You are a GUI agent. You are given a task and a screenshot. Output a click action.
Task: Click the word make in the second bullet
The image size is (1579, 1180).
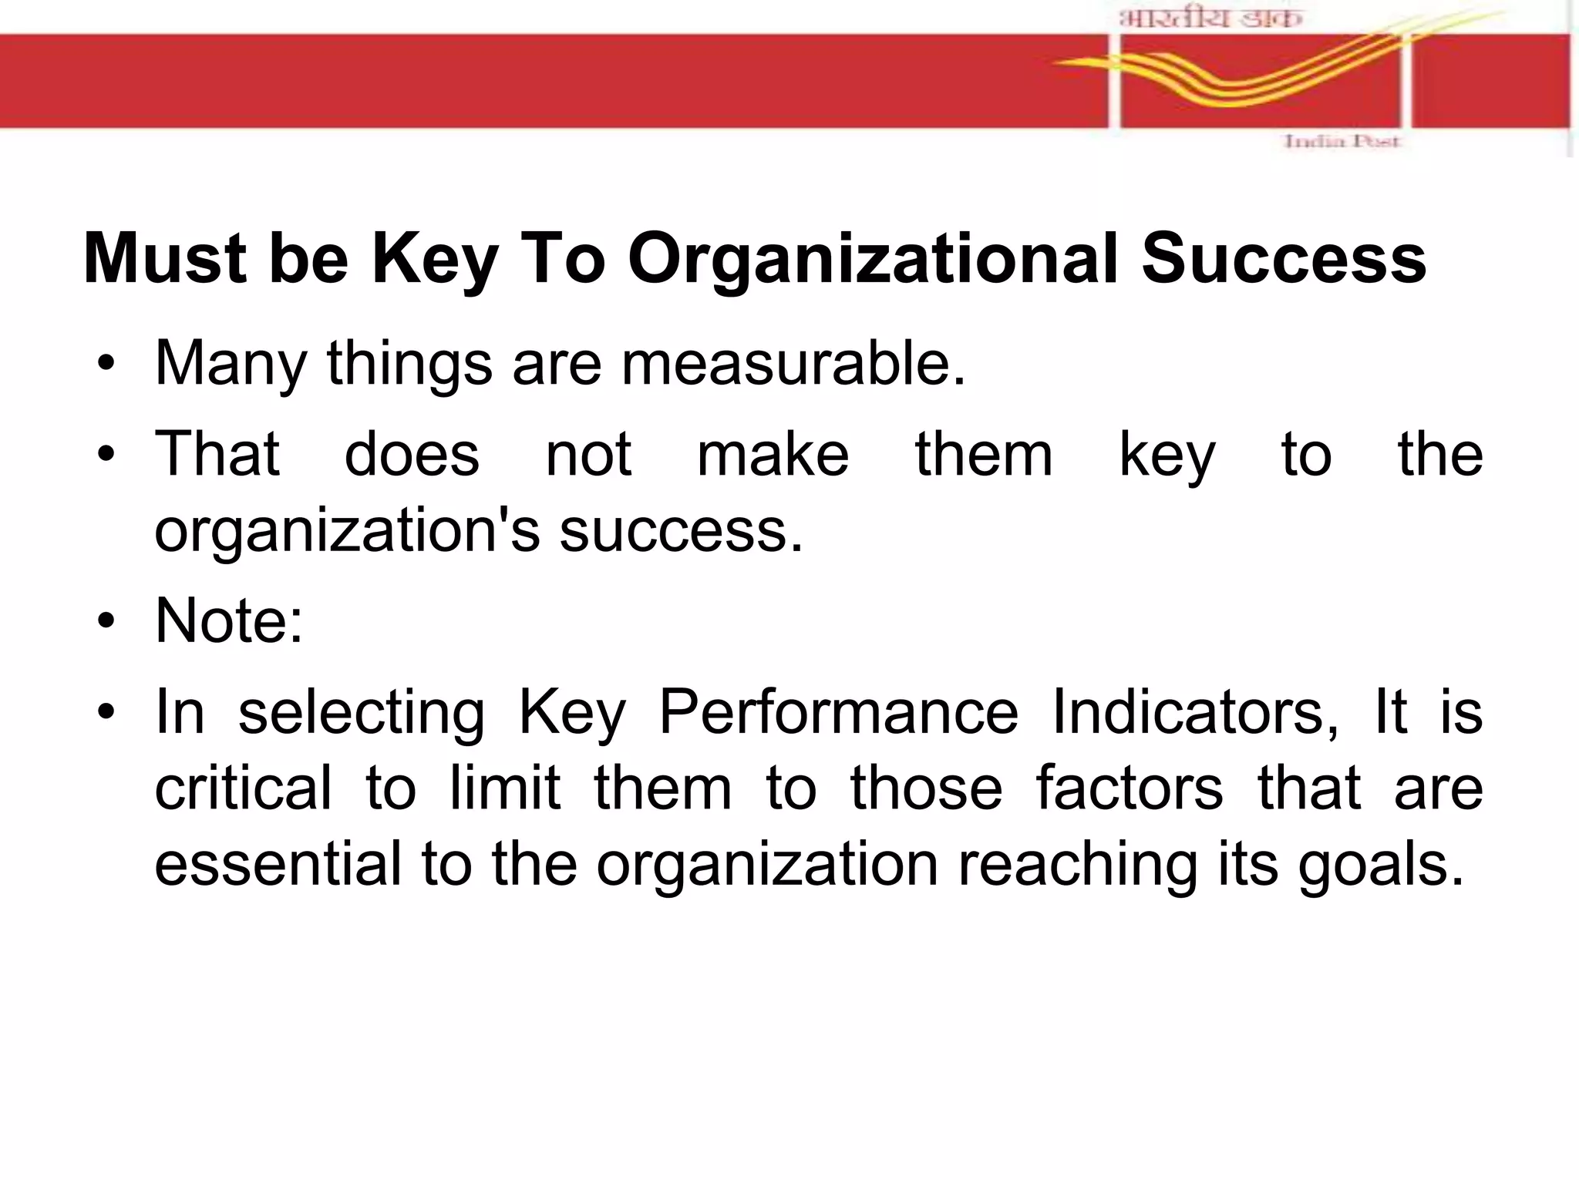click(x=773, y=455)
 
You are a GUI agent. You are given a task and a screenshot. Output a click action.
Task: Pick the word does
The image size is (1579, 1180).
click(x=412, y=455)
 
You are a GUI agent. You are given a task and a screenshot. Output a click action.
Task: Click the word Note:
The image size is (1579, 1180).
click(x=229, y=620)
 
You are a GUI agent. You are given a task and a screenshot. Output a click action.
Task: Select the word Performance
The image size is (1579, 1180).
click(x=838, y=712)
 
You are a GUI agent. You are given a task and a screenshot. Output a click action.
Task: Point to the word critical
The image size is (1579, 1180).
click(x=243, y=788)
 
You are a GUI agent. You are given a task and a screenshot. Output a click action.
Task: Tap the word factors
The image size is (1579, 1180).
click(x=1129, y=788)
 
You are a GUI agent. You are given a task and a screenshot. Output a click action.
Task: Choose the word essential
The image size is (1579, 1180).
click(x=278, y=864)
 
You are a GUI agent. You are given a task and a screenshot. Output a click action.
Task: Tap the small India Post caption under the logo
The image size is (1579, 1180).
click(x=1341, y=141)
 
